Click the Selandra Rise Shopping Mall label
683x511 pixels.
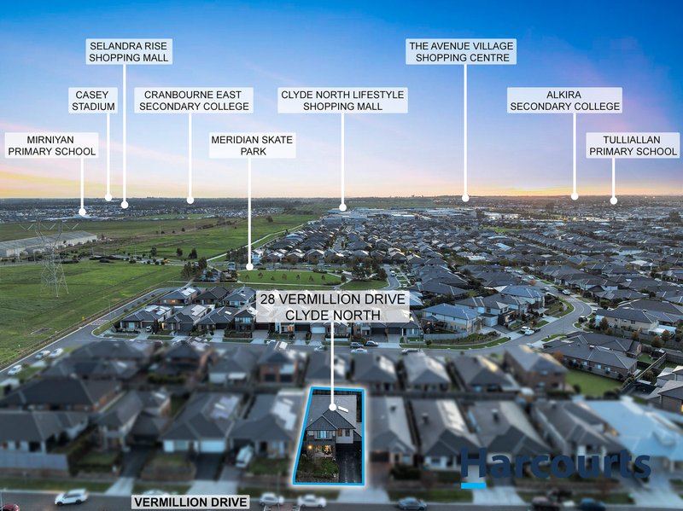[129, 52]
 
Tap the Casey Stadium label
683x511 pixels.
[93, 101]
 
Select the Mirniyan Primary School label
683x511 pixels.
[51, 145]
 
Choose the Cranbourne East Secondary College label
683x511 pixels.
[194, 101]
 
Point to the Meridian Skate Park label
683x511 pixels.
[252, 145]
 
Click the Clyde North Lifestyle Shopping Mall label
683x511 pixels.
[343, 101]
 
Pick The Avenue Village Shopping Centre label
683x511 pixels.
[461, 52]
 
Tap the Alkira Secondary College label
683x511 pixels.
[564, 101]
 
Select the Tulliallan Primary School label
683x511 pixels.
[633, 145]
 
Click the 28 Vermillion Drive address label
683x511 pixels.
[333, 307]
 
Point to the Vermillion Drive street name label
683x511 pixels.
[190, 502]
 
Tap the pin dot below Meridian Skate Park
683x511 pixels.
[249, 267]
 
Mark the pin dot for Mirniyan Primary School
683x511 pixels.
[82, 212]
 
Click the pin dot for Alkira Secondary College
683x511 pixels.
[575, 197]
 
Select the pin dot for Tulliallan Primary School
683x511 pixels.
[614, 200]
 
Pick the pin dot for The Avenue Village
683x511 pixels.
[465, 198]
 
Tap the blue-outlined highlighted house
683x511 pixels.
[330, 436]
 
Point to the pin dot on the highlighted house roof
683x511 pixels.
[333, 407]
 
